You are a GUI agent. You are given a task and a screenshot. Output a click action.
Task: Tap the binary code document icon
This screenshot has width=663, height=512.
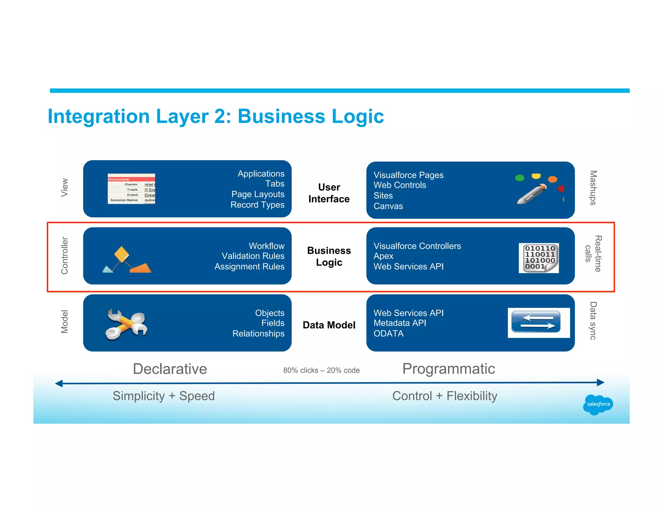(x=539, y=258)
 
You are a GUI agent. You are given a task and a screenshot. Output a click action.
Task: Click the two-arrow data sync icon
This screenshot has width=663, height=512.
(x=538, y=323)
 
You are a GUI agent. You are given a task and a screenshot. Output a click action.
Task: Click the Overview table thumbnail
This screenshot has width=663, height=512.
(x=131, y=189)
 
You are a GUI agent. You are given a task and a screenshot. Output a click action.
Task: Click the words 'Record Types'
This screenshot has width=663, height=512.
(x=257, y=205)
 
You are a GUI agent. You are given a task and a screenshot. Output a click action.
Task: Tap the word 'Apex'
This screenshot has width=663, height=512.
(x=383, y=256)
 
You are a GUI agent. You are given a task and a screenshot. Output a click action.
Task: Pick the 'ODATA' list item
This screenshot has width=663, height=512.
(x=388, y=334)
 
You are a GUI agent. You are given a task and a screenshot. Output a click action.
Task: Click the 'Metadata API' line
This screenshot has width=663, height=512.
(x=400, y=323)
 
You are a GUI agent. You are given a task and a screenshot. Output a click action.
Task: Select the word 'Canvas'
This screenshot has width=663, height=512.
(x=388, y=206)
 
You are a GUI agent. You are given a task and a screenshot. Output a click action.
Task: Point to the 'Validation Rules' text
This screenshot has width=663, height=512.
(x=253, y=256)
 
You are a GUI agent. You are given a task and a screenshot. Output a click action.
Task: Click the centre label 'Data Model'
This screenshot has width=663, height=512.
(x=329, y=325)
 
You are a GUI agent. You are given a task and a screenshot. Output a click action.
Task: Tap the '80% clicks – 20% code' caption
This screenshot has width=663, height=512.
(x=321, y=370)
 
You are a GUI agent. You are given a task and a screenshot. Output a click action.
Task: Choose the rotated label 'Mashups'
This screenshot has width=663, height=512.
(x=593, y=188)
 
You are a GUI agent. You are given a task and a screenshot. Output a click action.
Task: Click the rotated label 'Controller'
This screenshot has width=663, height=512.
(x=65, y=256)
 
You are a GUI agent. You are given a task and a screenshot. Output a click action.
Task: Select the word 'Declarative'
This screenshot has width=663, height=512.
(x=170, y=369)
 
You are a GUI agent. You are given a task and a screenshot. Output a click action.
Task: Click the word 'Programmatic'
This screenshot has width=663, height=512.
(x=448, y=369)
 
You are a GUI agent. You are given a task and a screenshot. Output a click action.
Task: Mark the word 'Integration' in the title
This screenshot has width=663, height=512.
(x=99, y=116)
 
